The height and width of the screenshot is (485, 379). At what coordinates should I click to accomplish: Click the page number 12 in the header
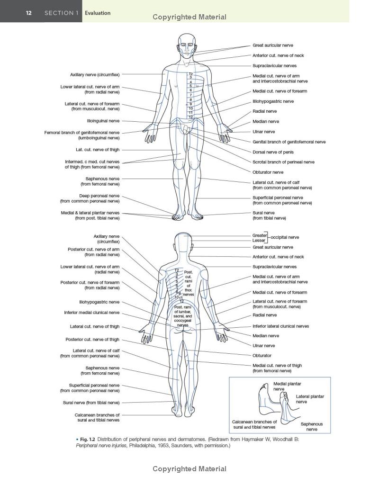pyautogui.click(x=28, y=13)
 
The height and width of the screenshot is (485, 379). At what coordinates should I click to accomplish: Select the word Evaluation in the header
pyautogui.click(x=98, y=13)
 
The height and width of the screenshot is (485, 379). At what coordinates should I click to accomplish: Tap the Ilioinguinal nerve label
pyautogui.click(x=103, y=121)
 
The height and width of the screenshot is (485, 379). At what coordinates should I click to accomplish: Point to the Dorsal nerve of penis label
pyautogui.click(x=273, y=152)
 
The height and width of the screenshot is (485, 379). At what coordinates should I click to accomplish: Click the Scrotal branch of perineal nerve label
pyautogui.click(x=283, y=162)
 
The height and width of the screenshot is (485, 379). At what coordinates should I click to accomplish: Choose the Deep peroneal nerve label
pyautogui.click(x=90, y=198)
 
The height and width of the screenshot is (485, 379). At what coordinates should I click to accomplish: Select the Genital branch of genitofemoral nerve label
pyautogui.click(x=289, y=142)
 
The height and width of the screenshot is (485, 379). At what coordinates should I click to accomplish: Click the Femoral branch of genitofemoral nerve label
pyautogui.click(x=81, y=135)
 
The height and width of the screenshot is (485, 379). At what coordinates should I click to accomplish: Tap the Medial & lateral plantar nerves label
pyautogui.click(x=90, y=216)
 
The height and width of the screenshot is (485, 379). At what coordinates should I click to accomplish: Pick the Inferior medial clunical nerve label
pyautogui.click(x=91, y=313)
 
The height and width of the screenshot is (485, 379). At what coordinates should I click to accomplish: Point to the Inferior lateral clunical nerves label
pyautogui.click(x=280, y=326)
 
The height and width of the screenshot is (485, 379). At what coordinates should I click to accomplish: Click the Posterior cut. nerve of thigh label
pyautogui.click(x=92, y=340)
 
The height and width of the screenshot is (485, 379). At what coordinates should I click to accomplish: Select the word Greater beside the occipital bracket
pyautogui.click(x=260, y=235)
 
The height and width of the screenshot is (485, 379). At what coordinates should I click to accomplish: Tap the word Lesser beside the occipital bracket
pyautogui.click(x=259, y=240)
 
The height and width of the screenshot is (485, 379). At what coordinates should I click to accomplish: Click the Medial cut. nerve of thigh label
pyautogui.click(x=277, y=368)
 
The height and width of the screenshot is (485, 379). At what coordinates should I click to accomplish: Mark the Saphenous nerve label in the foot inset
pyautogui.click(x=312, y=427)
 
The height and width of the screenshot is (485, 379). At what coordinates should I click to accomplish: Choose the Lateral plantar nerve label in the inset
pyautogui.click(x=310, y=399)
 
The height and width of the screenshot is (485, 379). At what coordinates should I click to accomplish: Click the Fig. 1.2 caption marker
pyautogui.click(x=88, y=439)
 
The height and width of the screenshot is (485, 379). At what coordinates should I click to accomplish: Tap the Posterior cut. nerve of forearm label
pyautogui.click(x=90, y=285)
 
